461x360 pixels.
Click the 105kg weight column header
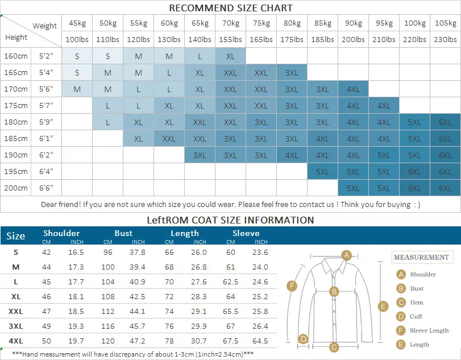click(x=445, y=23)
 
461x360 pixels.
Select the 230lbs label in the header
click(x=445, y=40)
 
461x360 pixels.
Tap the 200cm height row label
click(x=16, y=188)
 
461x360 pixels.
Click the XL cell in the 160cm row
click(x=230, y=56)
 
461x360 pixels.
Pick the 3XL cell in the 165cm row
click(x=292, y=73)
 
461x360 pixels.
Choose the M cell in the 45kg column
click(x=77, y=89)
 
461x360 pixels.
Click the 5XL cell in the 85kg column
click(x=322, y=172)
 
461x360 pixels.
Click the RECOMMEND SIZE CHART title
click(x=231, y=8)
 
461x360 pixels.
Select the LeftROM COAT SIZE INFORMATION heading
click(x=230, y=220)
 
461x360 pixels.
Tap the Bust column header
click(x=123, y=233)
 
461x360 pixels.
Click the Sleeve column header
click(x=246, y=233)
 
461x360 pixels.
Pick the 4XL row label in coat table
click(x=16, y=341)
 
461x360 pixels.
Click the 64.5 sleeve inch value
click(x=260, y=341)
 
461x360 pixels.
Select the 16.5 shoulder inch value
click(x=77, y=252)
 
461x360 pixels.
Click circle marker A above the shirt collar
click(x=346, y=255)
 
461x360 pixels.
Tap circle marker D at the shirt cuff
click(x=303, y=339)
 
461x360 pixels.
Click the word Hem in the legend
click(x=417, y=303)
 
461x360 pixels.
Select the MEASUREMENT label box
click(x=421, y=258)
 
